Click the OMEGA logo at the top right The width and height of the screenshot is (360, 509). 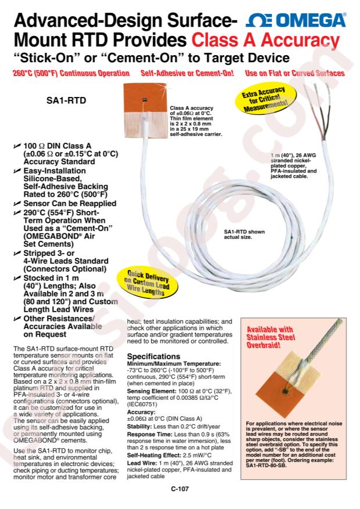click(x=296, y=21)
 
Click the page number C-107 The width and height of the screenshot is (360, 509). click(x=179, y=489)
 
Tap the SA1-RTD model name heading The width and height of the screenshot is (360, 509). click(x=66, y=100)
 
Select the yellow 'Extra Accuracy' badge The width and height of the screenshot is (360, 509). click(x=265, y=98)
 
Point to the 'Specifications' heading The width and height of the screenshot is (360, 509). click(x=153, y=356)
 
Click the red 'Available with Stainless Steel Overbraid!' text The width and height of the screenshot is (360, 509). click(x=271, y=337)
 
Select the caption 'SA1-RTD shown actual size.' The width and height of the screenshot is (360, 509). click(x=244, y=234)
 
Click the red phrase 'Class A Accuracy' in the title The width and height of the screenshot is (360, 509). click(x=265, y=40)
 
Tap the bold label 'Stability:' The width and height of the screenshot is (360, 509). click(x=139, y=427)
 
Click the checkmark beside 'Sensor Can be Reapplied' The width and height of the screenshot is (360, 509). click(x=17, y=204)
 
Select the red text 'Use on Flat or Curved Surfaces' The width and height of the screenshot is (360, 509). click(x=295, y=73)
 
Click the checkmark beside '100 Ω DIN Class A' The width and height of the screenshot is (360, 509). click(x=17, y=146)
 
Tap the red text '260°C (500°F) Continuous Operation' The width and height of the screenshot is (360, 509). click(x=71, y=73)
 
